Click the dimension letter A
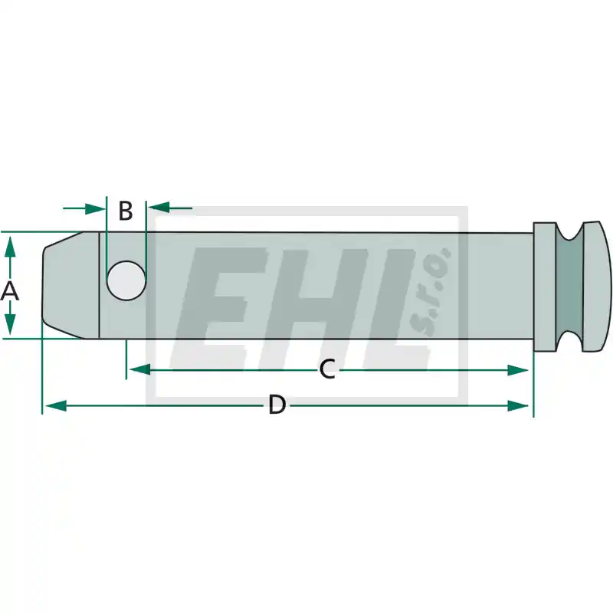[x=10, y=291]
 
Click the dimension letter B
[x=126, y=211]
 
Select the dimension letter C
[x=327, y=369]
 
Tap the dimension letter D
[x=277, y=405]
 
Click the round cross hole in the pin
[x=126, y=280]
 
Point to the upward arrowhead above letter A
[x=10, y=247]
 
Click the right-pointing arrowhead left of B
[x=95, y=208]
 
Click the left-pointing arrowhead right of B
[x=159, y=208]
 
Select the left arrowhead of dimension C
[x=140, y=369]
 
